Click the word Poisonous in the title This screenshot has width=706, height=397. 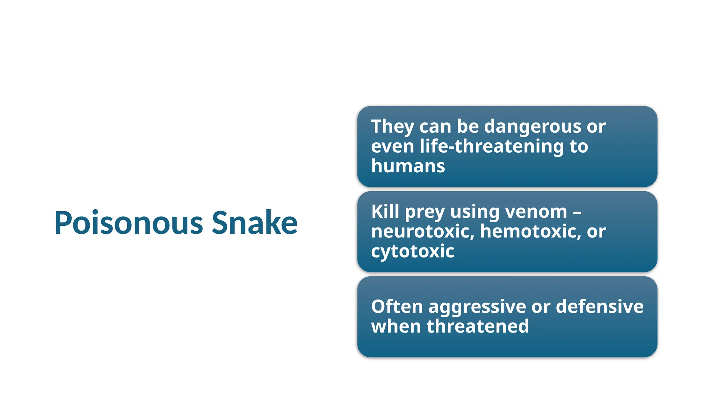pos(129,223)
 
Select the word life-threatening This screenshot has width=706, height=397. pos(492,146)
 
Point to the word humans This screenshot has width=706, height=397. pos(408,166)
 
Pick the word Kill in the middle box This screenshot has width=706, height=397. pos(385,211)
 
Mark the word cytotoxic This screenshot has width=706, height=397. pos(413,251)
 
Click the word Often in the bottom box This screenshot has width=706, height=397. pos(397,306)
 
